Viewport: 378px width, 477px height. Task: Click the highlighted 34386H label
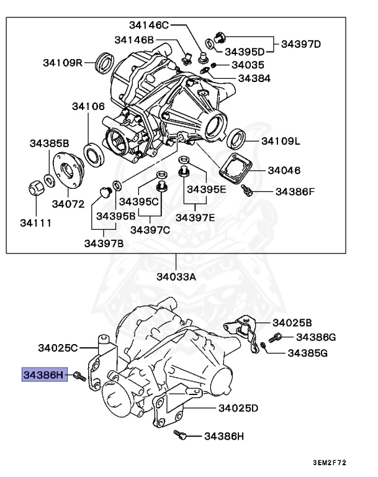pos(44,375)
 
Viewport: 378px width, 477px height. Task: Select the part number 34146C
pos(149,25)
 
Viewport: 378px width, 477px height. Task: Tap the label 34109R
pos(63,63)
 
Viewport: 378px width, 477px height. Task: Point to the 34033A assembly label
pos(176,276)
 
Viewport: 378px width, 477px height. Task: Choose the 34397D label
pos(301,44)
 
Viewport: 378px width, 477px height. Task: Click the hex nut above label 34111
pos(36,187)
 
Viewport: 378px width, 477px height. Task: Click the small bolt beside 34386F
pos(248,191)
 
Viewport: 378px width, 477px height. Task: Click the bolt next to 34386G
pos(277,337)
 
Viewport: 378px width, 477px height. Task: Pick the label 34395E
pos(207,189)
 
